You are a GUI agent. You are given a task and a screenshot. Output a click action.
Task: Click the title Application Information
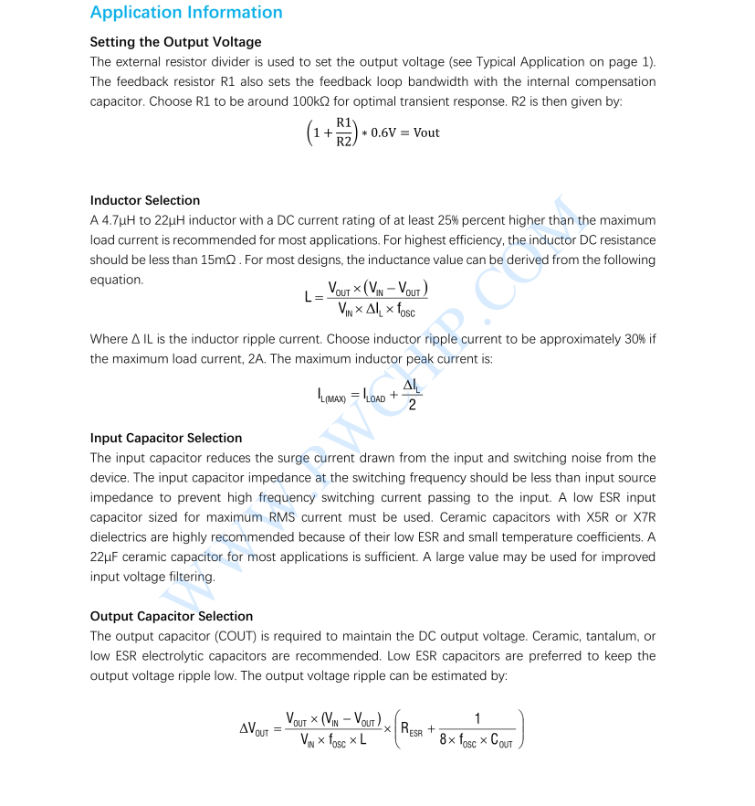click(x=186, y=13)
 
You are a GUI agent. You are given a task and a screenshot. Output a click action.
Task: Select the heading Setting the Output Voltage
click(x=175, y=42)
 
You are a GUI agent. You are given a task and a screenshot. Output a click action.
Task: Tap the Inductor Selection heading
click(x=144, y=200)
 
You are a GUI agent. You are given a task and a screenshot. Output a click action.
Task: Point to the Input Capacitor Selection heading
click(x=166, y=438)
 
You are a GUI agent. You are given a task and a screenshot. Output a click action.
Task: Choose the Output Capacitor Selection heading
click(x=172, y=616)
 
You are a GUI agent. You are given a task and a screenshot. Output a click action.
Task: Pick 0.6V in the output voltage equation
click(x=388, y=133)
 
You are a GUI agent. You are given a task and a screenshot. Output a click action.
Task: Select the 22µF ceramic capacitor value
click(x=106, y=557)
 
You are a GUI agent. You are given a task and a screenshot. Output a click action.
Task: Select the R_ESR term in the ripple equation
click(x=412, y=729)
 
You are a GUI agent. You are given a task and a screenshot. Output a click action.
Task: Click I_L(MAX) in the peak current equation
click(x=331, y=397)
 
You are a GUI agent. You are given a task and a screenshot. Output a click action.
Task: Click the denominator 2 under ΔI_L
click(x=413, y=405)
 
